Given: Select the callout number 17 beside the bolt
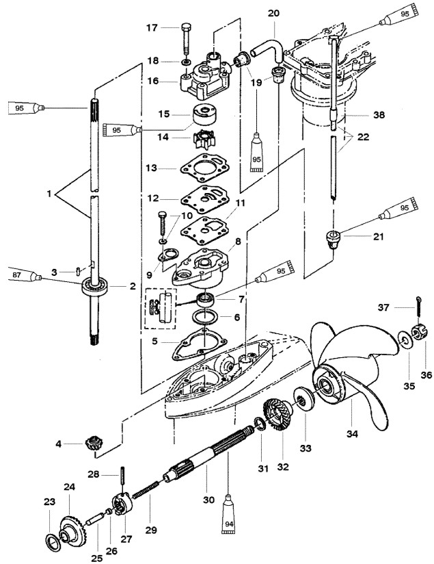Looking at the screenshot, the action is pos(152,27).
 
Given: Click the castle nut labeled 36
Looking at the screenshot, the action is pos(418,333).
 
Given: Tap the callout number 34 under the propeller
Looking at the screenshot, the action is pos(352,434).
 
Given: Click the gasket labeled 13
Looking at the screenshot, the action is pos(205,168).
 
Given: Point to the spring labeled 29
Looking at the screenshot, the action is pos(146,490).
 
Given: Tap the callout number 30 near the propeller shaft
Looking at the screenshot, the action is pos(208,500).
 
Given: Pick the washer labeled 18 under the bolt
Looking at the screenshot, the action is pos(187,62).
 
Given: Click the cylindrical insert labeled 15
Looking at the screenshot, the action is pos(204,114).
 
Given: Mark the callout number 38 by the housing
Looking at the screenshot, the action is pos(379,115).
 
